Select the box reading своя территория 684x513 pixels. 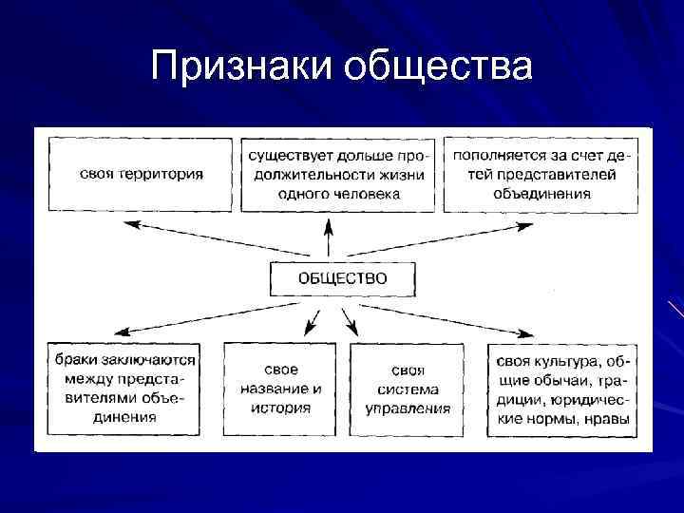click(142, 175)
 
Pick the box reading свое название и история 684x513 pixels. click(286, 389)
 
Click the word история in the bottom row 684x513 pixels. click(286, 408)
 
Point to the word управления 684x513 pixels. click(408, 408)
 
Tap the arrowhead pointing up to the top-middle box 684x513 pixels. click(329, 224)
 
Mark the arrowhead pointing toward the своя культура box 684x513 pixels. click(524, 333)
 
